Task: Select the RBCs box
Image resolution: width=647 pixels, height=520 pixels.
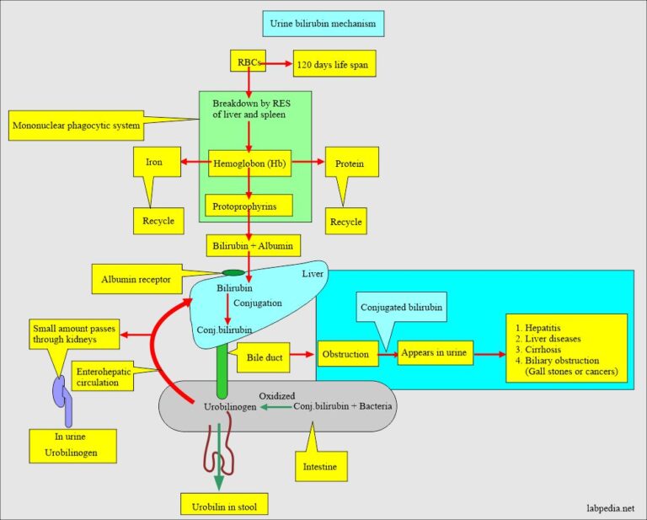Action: (248, 62)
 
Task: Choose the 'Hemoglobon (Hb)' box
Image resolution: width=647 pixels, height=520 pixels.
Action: (249, 163)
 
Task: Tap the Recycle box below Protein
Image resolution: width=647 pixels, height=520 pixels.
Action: (345, 222)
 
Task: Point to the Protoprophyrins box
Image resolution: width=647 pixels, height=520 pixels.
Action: (249, 205)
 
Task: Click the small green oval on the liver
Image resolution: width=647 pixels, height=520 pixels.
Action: (233, 272)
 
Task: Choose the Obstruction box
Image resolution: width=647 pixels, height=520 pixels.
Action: (345, 354)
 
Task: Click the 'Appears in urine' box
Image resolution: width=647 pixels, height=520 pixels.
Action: (435, 354)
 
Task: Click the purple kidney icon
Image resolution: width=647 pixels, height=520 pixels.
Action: (63, 399)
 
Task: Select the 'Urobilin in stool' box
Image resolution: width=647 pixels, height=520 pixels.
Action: (224, 506)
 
